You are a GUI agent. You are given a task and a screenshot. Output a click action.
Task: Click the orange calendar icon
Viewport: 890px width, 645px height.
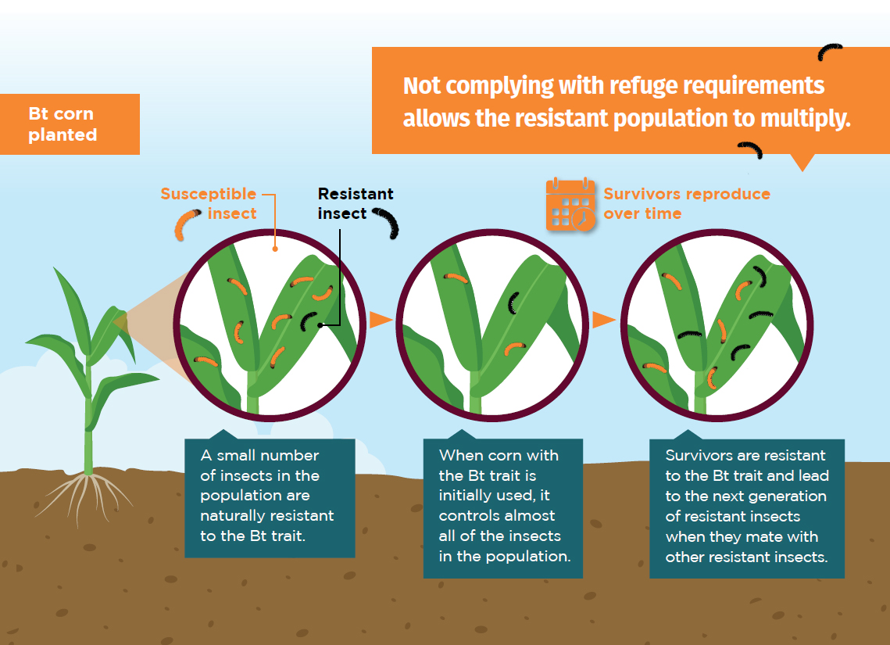tap(570, 204)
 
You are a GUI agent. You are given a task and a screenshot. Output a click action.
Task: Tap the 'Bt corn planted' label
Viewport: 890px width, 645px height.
tap(63, 124)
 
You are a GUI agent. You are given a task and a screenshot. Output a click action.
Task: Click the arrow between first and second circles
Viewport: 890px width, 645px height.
tap(381, 320)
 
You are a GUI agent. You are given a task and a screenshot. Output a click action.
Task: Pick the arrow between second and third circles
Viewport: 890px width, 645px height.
tap(604, 320)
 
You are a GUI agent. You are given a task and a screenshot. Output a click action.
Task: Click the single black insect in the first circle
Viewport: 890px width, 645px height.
tap(309, 321)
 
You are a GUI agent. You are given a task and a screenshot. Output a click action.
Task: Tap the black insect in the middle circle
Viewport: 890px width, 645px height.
tap(513, 303)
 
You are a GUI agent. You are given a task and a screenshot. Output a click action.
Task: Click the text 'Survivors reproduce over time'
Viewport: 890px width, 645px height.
tap(687, 204)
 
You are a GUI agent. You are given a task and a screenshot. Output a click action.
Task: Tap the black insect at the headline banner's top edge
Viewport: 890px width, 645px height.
tap(829, 52)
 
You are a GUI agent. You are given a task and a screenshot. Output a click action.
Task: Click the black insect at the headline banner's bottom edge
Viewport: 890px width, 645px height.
tap(750, 150)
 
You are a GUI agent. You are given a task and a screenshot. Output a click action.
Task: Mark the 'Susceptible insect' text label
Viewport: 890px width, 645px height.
tap(209, 204)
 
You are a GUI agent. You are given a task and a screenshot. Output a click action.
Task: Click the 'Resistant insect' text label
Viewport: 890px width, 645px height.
tap(356, 204)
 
